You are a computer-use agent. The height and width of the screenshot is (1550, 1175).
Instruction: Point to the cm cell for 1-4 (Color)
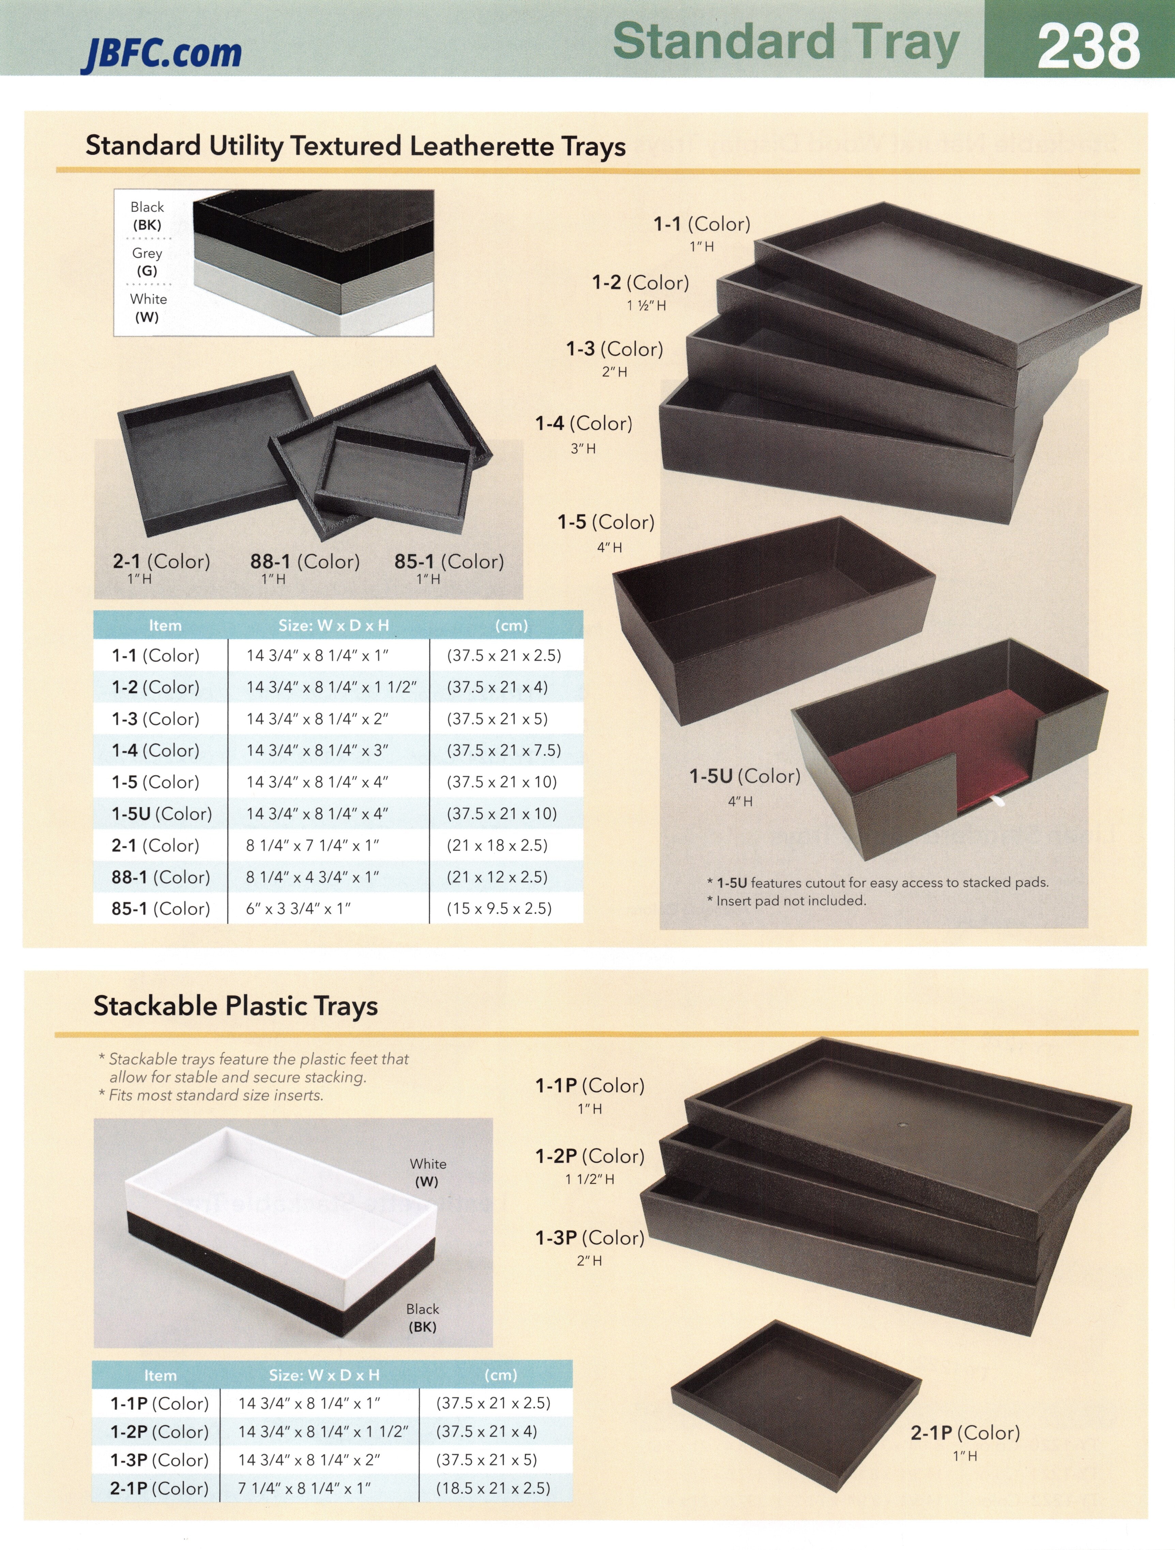coord(504,750)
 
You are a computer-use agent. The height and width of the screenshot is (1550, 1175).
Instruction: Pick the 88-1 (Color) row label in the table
coord(161,877)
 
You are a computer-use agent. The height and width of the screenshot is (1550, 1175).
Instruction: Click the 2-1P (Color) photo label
coord(965,1433)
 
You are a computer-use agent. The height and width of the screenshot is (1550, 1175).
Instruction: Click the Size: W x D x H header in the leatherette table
coord(334,625)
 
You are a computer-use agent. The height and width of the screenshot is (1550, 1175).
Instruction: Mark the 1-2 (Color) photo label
coord(640,283)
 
